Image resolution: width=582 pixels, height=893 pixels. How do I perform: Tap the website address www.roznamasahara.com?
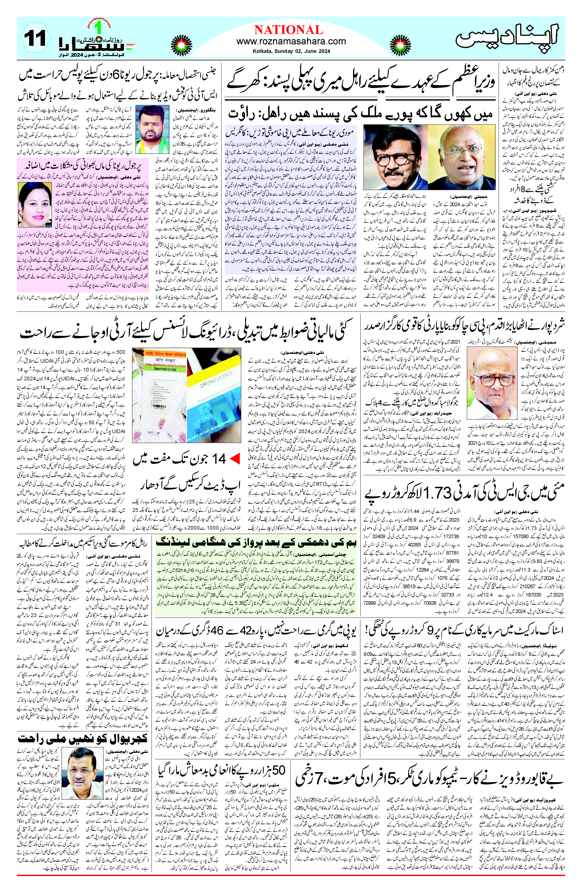pos(291,41)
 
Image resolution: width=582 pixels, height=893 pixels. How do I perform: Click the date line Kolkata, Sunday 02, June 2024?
pos(291,51)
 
